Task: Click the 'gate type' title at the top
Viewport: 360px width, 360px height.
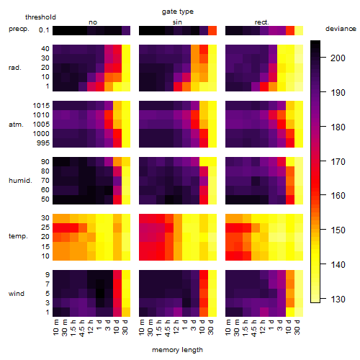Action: point(178,12)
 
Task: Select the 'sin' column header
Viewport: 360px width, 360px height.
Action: point(177,22)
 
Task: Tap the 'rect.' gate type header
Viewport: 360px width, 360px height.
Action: point(262,22)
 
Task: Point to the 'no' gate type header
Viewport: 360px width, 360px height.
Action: point(93,22)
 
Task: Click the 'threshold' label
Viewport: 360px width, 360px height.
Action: point(40,17)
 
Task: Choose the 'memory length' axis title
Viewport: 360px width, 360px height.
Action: point(177,350)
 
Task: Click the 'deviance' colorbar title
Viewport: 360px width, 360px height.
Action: point(341,29)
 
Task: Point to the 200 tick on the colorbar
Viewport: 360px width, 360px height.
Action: point(338,58)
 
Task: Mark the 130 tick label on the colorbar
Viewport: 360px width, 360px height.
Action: point(338,299)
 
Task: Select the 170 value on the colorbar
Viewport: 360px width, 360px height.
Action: point(338,161)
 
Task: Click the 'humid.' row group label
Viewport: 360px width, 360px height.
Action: point(20,181)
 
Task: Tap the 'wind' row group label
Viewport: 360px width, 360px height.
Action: point(17,294)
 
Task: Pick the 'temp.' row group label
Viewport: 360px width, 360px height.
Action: point(18,236)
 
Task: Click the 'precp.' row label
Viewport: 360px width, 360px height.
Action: point(19,29)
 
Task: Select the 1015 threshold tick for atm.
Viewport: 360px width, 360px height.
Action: point(41,105)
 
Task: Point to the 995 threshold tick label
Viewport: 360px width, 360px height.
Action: point(43,143)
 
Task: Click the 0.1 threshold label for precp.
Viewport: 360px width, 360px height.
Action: point(44,30)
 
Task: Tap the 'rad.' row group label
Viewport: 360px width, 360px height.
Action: point(15,68)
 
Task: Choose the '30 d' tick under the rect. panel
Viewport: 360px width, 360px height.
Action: point(297,327)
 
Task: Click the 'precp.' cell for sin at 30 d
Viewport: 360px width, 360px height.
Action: point(212,30)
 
